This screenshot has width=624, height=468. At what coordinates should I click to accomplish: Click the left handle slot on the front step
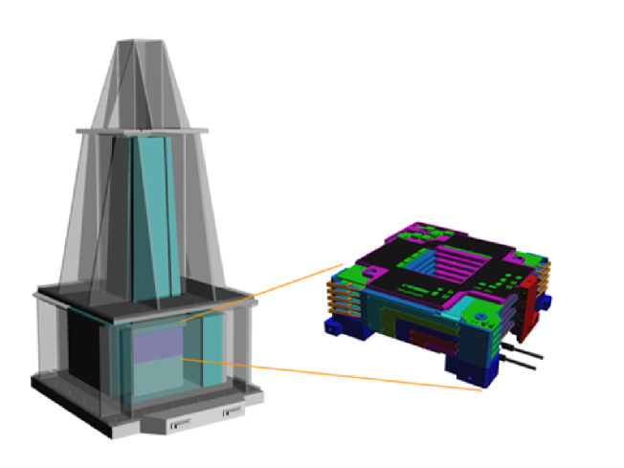click(x=179, y=421)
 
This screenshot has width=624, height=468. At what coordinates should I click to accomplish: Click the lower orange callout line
click(x=335, y=374)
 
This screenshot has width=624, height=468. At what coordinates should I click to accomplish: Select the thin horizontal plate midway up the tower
click(x=144, y=127)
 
